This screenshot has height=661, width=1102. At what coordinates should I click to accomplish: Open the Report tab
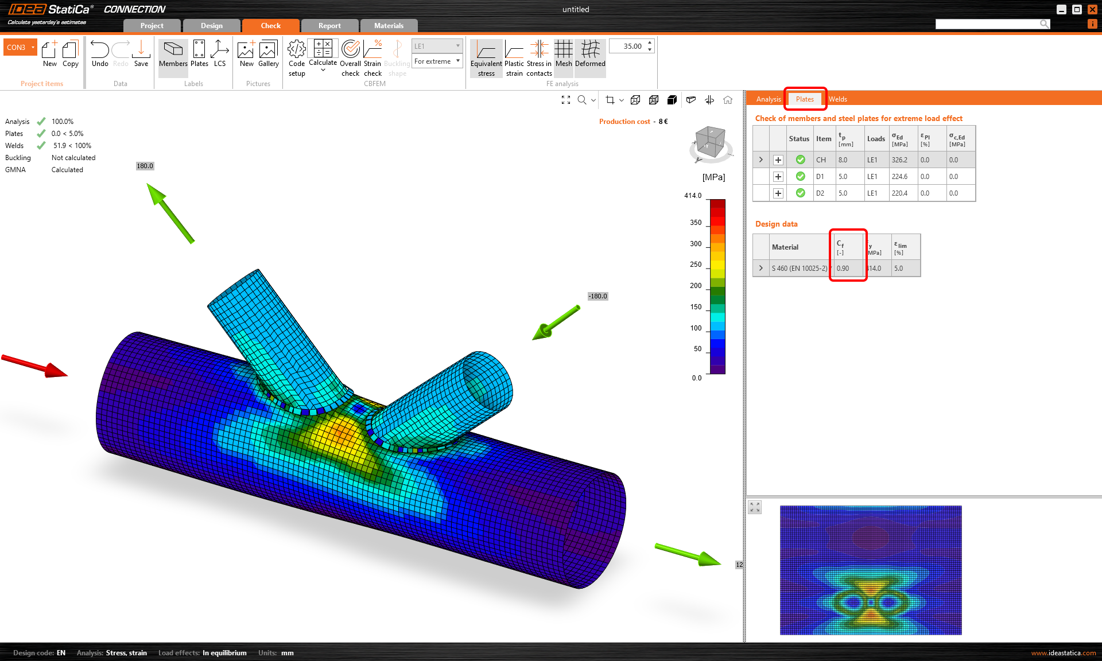[x=329, y=26]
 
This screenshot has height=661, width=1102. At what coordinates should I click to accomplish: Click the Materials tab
[x=389, y=26]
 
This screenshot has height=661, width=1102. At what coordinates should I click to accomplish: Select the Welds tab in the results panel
[x=837, y=99]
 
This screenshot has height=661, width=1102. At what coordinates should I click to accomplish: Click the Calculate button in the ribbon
[x=323, y=55]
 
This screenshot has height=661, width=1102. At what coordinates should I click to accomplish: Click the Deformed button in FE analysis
[x=590, y=55]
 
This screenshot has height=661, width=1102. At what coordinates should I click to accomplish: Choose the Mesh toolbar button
[x=563, y=55]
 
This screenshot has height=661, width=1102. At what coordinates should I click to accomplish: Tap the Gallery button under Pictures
[x=268, y=55]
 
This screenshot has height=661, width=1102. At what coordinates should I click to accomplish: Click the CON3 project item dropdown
[x=20, y=48]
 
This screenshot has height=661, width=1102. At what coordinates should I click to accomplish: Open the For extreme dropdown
[x=437, y=61]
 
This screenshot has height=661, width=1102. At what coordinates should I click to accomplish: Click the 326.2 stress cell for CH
[x=899, y=160]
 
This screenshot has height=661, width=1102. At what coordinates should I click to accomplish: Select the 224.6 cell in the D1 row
[x=899, y=177]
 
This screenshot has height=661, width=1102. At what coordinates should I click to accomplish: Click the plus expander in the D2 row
[x=778, y=193]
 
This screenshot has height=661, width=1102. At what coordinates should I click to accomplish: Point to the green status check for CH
[x=800, y=160]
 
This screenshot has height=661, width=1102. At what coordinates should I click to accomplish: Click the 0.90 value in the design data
[x=843, y=269]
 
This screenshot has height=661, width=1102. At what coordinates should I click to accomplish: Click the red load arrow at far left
[x=34, y=366]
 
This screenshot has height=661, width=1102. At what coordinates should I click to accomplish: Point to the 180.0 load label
[x=145, y=166]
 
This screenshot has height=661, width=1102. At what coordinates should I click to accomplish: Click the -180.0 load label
[x=597, y=297]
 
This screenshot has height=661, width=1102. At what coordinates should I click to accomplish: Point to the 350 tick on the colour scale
[x=696, y=223]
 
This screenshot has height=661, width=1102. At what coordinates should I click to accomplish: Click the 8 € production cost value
[x=663, y=122]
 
